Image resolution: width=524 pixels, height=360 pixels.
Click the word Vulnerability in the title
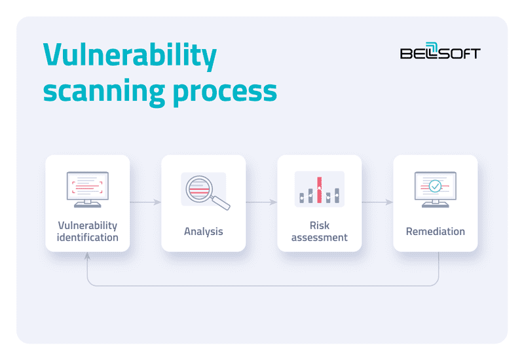(129, 58)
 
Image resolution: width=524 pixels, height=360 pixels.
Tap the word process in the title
(225, 92)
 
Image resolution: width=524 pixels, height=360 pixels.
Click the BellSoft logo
(440, 53)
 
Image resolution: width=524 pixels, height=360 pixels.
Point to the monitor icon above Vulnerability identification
(87, 189)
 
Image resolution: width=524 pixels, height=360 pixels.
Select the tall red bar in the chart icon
(319, 189)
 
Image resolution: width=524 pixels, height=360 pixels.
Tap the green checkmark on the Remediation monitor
(435, 187)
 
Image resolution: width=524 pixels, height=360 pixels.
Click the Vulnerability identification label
(87, 231)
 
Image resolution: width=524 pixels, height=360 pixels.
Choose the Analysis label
(203, 231)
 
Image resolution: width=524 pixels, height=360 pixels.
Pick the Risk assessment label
(319, 231)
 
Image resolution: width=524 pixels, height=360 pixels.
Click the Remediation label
(435, 231)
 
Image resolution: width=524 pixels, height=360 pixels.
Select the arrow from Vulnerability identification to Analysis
(145, 202)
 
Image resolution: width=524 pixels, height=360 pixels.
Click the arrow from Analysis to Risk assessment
(261, 202)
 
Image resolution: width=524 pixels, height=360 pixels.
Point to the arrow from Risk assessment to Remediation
(377, 202)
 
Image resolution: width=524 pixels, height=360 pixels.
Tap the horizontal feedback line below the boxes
(262, 286)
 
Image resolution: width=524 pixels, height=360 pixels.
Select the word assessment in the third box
(319, 238)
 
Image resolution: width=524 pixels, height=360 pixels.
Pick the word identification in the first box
(87, 238)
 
